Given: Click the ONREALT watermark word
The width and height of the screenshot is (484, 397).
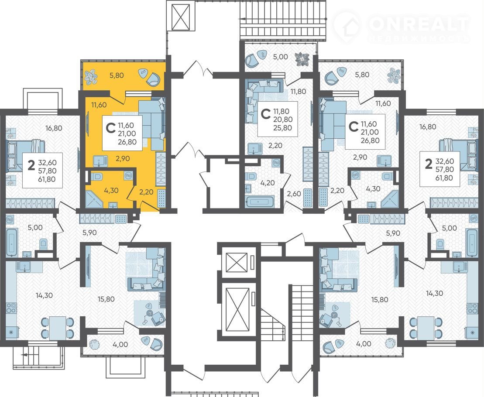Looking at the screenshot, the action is pyautogui.click(x=419, y=24).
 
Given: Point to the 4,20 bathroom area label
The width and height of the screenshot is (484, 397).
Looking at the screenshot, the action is pyautogui.click(x=268, y=183).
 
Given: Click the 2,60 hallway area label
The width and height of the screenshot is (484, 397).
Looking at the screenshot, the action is pyautogui.click(x=294, y=194).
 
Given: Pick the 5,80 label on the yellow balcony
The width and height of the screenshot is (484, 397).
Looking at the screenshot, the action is pyautogui.click(x=117, y=75).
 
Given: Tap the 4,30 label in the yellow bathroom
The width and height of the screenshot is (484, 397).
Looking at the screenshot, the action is pyautogui.click(x=111, y=190).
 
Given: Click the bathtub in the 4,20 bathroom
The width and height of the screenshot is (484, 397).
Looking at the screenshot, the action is pyautogui.click(x=260, y=202).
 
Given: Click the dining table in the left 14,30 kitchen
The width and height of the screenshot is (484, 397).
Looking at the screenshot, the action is pyautogui.click(x=58, y=327).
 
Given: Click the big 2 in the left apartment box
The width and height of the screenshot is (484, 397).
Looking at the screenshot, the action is pyautogui.click(x=31, y=165).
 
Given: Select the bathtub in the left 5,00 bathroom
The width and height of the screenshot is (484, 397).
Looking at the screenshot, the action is pyautogui.click(x=12, y=242).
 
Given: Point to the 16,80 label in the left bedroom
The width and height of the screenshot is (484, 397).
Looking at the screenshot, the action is pyautogui.click(x=54, y=128).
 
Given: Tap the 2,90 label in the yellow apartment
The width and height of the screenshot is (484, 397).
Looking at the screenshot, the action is pyautogui.click(x=123, y=158).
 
